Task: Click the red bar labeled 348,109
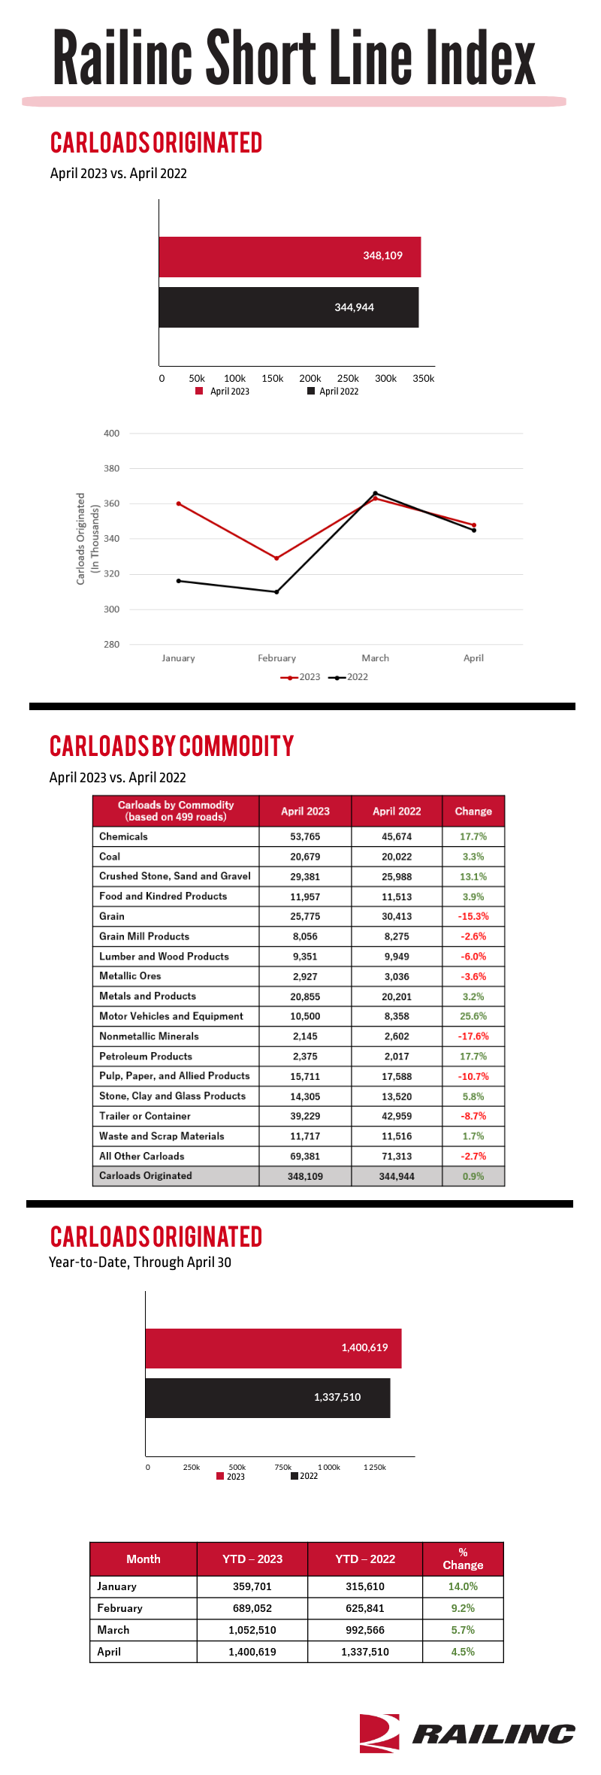coord(289,257)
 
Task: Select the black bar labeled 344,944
coord(288,307)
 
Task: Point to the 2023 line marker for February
coord(276,558)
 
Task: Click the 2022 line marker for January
coord(178,581)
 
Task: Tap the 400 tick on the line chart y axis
coord(111,434)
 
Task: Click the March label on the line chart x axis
coord(375,658)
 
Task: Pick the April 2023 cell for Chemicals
coord(305,836)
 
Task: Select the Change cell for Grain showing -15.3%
coord(473,917)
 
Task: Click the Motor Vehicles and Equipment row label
coord(171,1016)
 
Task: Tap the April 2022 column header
coord(397,812)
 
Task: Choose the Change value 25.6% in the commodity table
coord(473,1016)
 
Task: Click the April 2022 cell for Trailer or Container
coord(397,1117)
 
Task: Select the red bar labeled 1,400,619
coord(273,1348)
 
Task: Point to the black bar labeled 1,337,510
coord(267,1398)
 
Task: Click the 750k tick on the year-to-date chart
coord(283,1468)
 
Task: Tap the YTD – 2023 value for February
coord(252,1608)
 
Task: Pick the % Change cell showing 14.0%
coord(463,1586)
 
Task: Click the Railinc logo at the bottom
coord(467,1733)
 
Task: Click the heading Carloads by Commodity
coord(172,746)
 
